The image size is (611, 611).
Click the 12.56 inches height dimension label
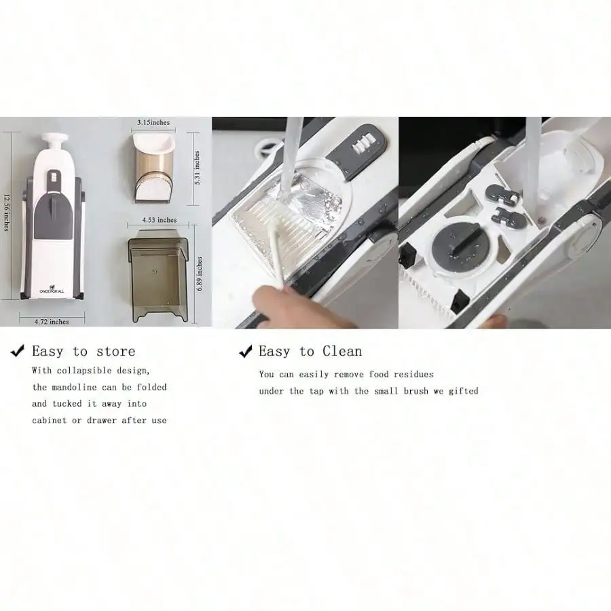7,212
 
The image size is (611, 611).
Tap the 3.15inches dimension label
153,122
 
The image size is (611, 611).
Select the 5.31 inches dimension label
197,167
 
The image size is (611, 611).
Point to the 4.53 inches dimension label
159,220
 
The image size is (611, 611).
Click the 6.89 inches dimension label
200,274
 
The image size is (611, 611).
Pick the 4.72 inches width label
52,322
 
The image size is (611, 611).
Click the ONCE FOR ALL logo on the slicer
52,289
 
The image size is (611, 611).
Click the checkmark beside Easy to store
18,350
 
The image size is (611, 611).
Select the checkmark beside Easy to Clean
246,351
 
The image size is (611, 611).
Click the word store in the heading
115,352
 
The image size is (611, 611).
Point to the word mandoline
74,388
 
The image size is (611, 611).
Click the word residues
413,375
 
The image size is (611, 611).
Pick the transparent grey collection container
159,276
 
